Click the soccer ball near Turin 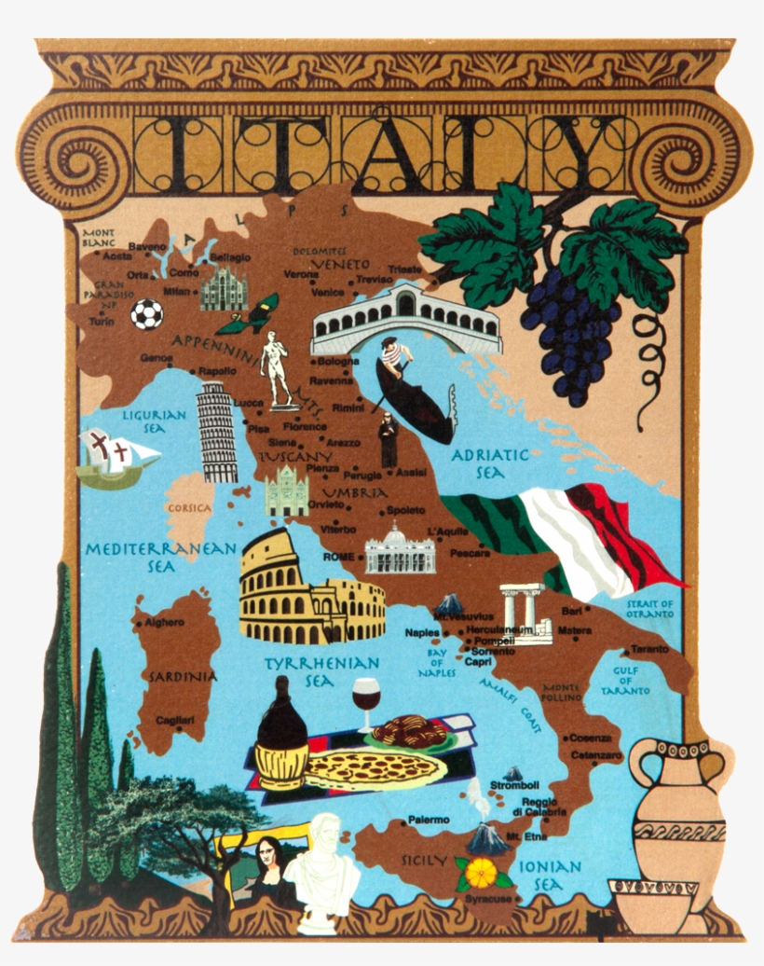click(146, 314)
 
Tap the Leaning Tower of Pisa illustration click(217, 433)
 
